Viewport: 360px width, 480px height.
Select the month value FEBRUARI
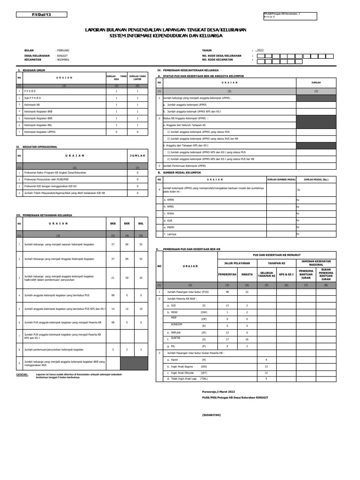click(x=63, y=50)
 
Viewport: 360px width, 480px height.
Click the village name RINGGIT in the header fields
click(x=62, y=55)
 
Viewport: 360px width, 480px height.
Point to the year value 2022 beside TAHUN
click(x=260, y=50)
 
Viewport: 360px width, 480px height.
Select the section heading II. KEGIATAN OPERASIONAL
click(x=37, y=147)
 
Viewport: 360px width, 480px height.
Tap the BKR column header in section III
click(x=127, y=224)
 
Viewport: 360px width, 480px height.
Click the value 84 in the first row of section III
click(x=127, y=244)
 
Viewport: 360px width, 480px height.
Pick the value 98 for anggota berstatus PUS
click(x=112, y=295)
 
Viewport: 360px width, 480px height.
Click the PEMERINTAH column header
click(x=227, y=274)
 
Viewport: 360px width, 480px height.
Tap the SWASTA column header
click(x=247, y=274)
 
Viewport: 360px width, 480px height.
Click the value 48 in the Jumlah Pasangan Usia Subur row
click(x=227, y=292)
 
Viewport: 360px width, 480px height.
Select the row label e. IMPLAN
click(x=172, y=331)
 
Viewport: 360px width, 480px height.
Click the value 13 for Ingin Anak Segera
click(x=266, y=366)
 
